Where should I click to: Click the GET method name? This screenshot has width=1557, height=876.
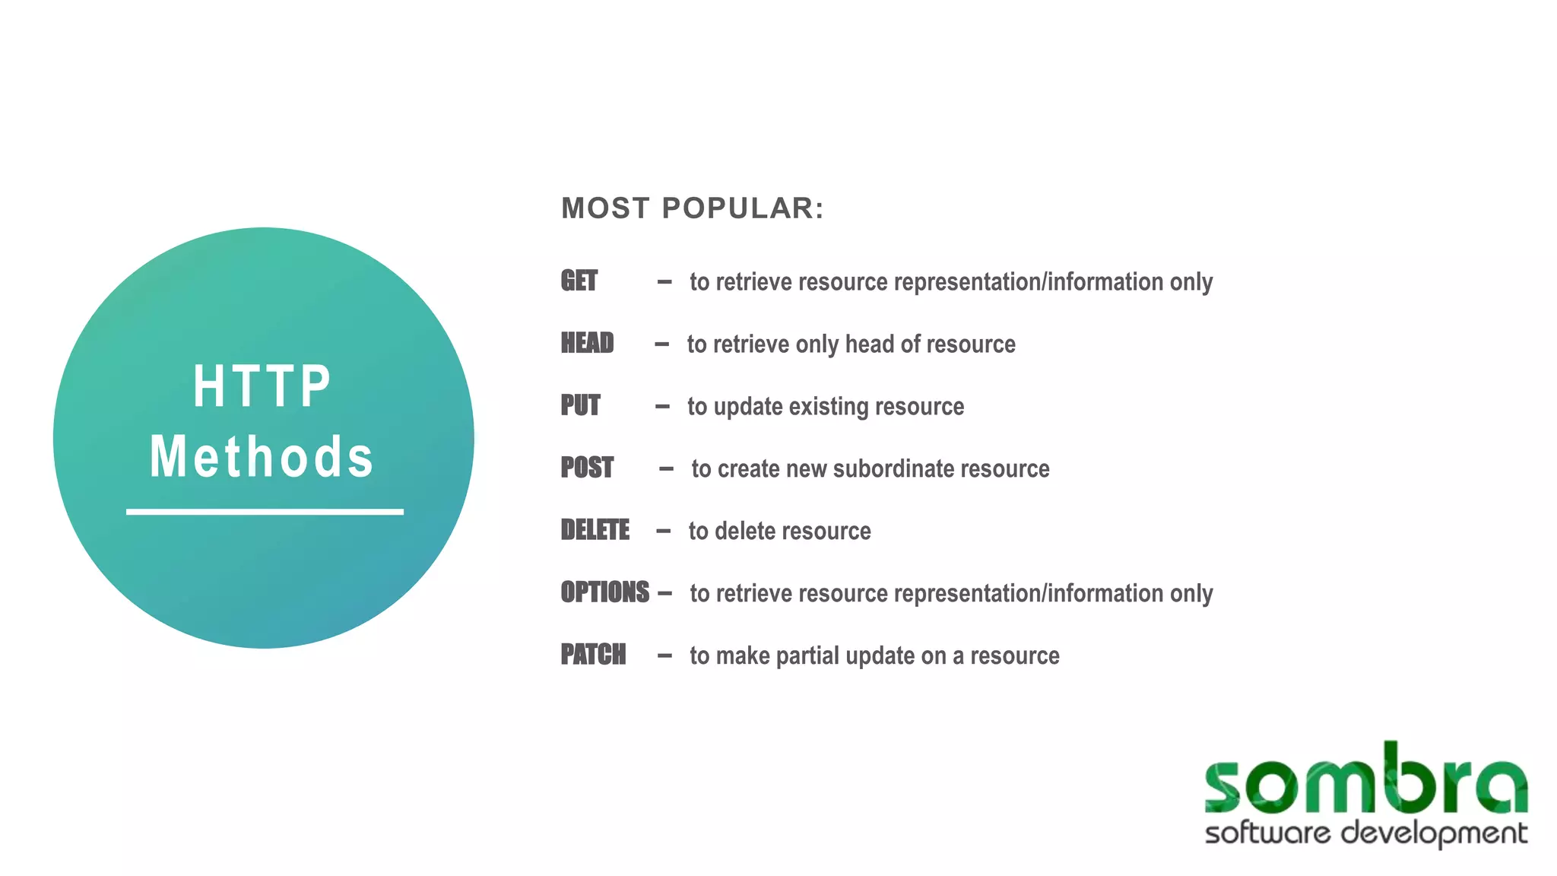click(x=579, y=281)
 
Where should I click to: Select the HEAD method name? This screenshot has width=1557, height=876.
click(x=587, y=344)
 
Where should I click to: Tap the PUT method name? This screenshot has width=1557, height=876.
click(x=580, y=406)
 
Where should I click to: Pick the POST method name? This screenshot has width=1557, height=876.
click(x=587, y=468)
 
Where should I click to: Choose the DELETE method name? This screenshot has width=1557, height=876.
click(x=595, y=531)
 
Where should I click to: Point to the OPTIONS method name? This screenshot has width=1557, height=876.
click(x=604, y=593)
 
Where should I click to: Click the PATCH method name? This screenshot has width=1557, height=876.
click(x=593, y=655)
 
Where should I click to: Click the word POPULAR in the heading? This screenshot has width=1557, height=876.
click(x=743, y=208)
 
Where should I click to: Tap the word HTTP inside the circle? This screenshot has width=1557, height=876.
click(x=262, y=386)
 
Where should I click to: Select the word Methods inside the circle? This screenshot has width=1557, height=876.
click(x=262, y=458)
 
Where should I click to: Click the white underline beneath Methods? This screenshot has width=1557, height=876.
click(x=265, y=513)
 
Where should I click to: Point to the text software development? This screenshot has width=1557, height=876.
click(x=1365, y=833)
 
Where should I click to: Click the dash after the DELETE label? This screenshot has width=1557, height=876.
click(x=663, y=531)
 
